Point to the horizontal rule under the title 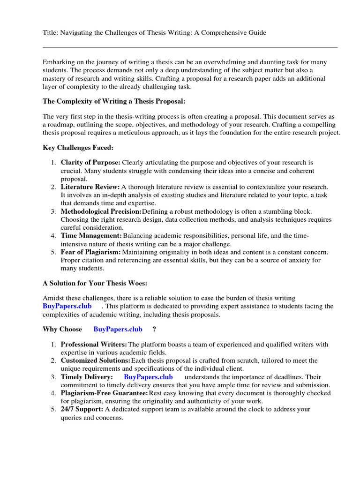[x=190, y=47]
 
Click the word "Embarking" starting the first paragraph [x=58, y=62]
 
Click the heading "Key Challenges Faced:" [x=78, y=148]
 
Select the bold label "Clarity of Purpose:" [x=90, y=163]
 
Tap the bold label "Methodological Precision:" [x=101, y=211]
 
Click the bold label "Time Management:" [x=91, y=236]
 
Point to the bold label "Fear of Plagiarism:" [x=90, y=252]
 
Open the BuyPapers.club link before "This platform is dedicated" [x=67, y=306]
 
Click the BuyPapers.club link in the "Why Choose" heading [x=118, y=329]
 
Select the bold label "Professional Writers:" [x=94, y=345]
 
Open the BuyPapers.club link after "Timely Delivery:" [x=148, y=377]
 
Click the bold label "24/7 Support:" [x=82, y=409]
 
